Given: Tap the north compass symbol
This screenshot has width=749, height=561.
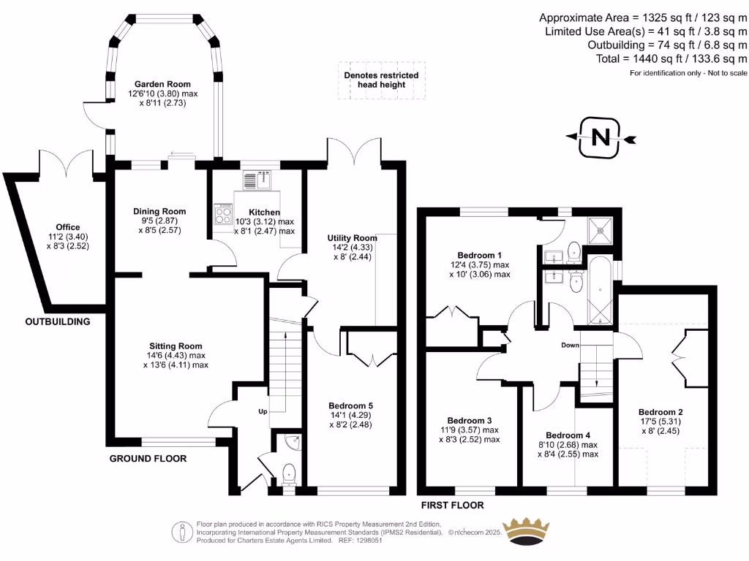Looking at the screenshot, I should tap(600, 137).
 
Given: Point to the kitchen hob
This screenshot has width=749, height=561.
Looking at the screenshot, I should tap(221, 214).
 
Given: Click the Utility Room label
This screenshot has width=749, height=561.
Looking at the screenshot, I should tap(353, 238).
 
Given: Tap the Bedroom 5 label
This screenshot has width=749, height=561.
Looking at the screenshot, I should tap(352, 405).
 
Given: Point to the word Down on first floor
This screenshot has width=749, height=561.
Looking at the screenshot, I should tap(571, 346).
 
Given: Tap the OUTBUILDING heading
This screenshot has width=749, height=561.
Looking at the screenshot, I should tap(57, 321).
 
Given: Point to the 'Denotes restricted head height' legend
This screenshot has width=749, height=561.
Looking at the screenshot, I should tap(381, 80).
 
